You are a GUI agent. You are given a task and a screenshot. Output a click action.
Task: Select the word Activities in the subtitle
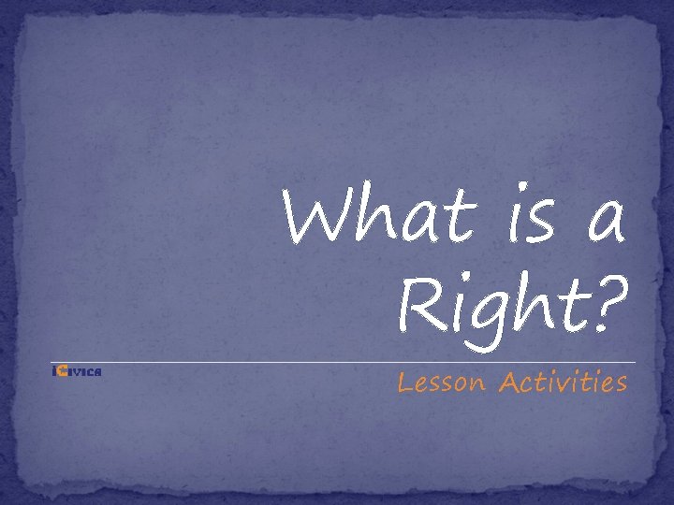[x=563, y=382]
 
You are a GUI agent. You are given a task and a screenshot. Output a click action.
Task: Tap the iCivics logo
[x=77, y=372]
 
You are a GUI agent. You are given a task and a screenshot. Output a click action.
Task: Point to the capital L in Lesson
[x=405, y=382]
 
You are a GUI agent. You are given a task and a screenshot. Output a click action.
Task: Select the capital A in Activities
[x=509, y=382]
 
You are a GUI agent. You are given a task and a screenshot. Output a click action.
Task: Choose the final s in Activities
[x=620, y=384]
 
